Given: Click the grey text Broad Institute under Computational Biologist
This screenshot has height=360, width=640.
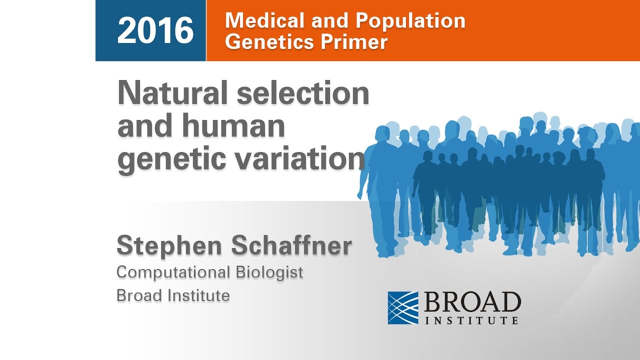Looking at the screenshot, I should (x=173, y=295).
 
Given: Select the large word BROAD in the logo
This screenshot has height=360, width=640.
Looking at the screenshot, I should (x=472, y=302).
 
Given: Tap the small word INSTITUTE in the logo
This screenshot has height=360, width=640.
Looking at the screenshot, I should (x=472, y=320).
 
